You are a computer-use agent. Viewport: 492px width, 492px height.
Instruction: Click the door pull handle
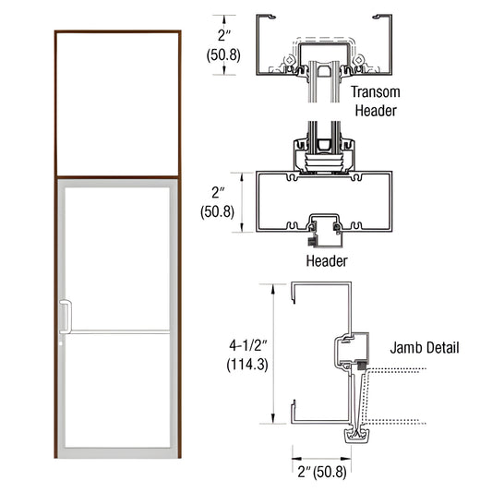[x=65, y=315]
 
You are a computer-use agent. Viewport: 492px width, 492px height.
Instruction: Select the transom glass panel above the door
[x=116, y=103]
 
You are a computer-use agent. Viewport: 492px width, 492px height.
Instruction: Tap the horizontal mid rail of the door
[x=116, y=330]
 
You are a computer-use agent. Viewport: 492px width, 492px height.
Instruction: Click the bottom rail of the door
[x=116, y=453]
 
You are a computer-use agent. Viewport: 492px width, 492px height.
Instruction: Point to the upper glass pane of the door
[x=116, y=258]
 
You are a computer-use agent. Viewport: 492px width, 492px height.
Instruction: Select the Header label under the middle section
[x=326, y=261]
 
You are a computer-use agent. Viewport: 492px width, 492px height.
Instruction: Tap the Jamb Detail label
[x=424, y=348]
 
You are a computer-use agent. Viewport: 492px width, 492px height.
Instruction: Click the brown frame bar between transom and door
[x=116, y=176]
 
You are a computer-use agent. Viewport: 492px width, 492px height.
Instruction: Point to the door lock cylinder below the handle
[x=62, y=345]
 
